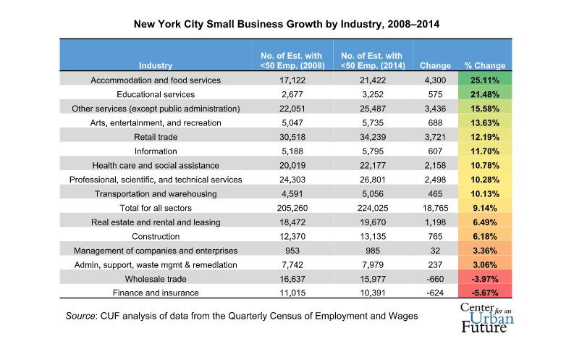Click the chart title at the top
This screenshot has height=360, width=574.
pyautogui.click(x=287, y=23)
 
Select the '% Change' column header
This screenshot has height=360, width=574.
pyautogui.click(x=485, y=65)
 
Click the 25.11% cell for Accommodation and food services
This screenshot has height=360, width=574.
pyautogui.click(x=485, y=80)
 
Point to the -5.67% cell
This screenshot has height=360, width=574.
pyautogui.click(x=485, y=293)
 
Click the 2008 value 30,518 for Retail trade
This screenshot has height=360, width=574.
pyautogui.click(x=289, y=137)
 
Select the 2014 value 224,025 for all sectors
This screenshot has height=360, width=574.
pyautogui.click(x=371, y=208)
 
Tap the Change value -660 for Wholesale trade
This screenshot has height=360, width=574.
pyautogui.click(x=435, y=279)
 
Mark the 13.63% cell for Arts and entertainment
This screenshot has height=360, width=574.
pyautogui.click(x=485, y=122)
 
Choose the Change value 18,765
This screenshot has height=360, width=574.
pyautogui.click(x=435, y=208)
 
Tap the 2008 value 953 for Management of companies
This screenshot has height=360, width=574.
pyautogui.click(x=289, y=251)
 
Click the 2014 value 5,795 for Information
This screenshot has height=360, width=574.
pyautogui.click(x=371, y=151)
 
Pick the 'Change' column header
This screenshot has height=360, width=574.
pyautogui.click(x=435, y=65)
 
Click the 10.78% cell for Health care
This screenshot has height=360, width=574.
pyautogui.click(x=485, y=165)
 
